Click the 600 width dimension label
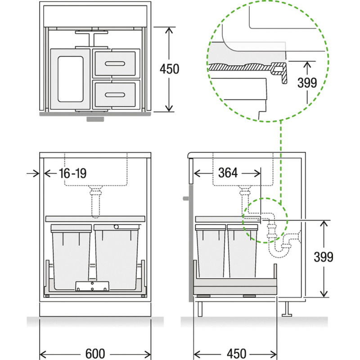pyautogui.click(x=95, y=353)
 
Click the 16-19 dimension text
pyautogui.click(x=72, y=173)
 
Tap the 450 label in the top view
pyautogui.click(x=170, y=69)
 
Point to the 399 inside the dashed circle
pyautogui.click(x=307, y=83)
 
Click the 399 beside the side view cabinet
pyautogui.click(x=324, y=257)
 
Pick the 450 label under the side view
pyautogui.click(x=237, y=353)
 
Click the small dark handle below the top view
pyautogui.click(x=95, y=119)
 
